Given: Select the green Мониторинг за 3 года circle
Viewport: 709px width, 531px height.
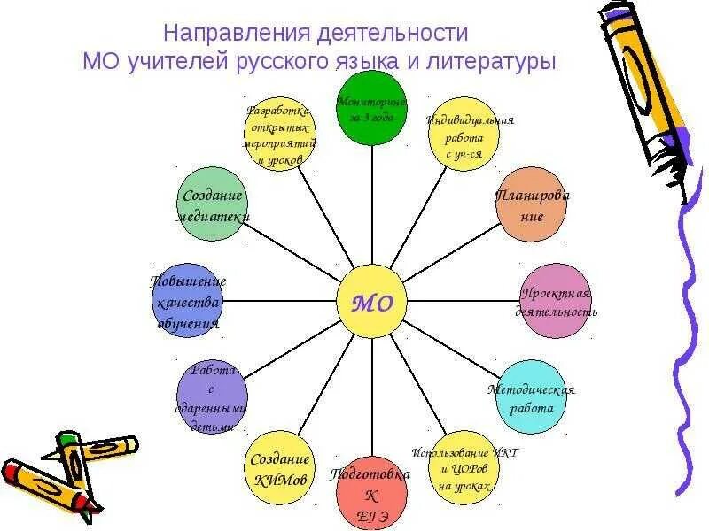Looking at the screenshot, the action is coord(372,107).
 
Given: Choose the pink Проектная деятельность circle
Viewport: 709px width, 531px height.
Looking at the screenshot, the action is coord(555,300).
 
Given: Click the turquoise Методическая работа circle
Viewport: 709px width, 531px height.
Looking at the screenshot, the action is coord(532,397).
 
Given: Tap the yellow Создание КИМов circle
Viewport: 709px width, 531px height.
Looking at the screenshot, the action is coord(280,467).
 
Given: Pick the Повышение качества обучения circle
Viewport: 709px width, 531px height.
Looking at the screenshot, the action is coord(188,302).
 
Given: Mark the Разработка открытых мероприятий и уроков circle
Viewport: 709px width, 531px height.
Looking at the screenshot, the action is coord(280,135).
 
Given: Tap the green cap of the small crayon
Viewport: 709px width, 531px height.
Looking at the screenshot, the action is coord(68,439).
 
